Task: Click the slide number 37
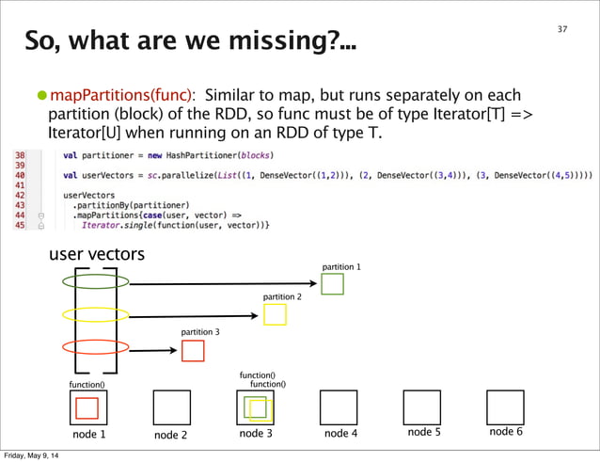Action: coord(562,29)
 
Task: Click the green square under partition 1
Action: coord(332,283)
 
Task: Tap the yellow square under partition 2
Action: coord(275,314)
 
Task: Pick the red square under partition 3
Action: coord(193,351)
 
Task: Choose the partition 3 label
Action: coord(201,332)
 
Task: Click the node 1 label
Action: coord(89,434)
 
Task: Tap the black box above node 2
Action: coord(170,407)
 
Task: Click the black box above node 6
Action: coord(505,407)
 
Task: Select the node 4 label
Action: coord(340,434)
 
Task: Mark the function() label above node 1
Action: coord(87,385)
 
